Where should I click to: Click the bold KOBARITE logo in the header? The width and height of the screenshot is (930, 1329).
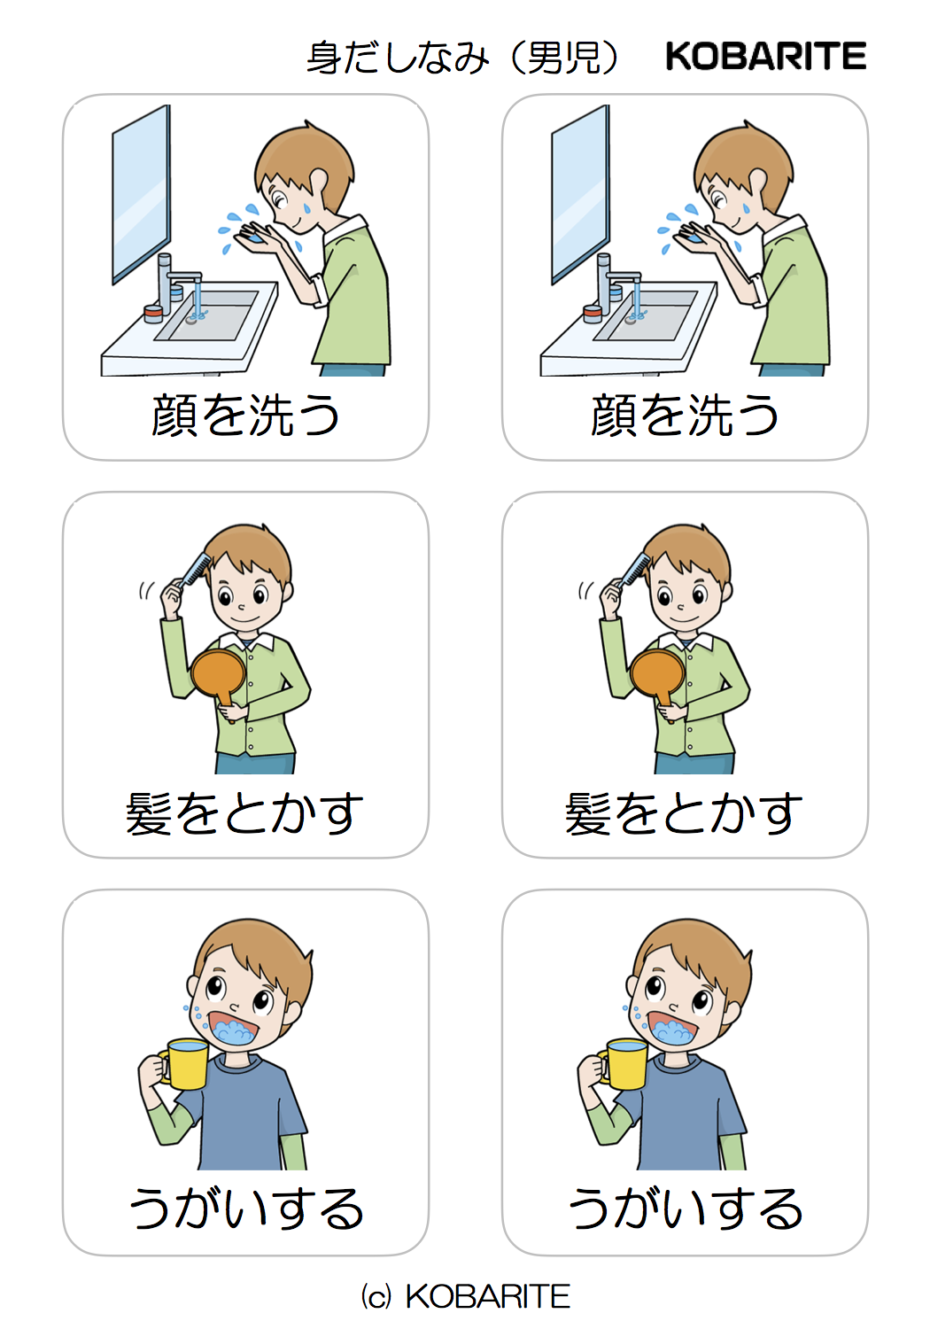click(x=765, y=57)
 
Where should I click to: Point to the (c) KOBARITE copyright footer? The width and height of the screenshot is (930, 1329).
click(x=465, y=1296)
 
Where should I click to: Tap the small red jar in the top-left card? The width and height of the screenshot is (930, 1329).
click(x=153, y=313)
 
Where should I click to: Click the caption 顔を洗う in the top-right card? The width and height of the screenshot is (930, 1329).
click(x=685, y=415)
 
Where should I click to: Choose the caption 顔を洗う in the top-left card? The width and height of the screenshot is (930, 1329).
click(x=245, y=415)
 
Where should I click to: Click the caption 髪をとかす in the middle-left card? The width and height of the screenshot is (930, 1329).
click(x=245, y=813)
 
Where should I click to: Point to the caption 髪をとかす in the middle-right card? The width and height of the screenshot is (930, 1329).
click(x=685, y=813)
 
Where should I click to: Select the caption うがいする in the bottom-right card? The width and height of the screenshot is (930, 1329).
click(x=685, y=1209)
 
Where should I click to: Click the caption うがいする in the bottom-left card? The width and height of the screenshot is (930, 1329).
click(x=245, y=1209)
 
